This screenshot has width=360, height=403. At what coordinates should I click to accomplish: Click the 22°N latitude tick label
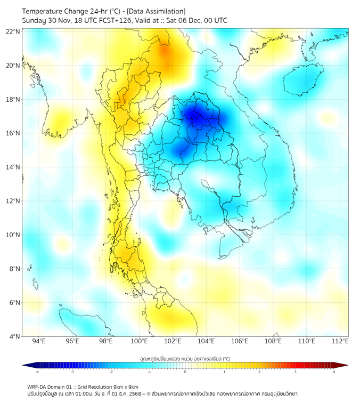point(13,31)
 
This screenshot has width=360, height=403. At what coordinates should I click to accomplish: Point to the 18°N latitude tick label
point(13,100)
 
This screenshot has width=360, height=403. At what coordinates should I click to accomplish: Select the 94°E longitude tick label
point(39,341)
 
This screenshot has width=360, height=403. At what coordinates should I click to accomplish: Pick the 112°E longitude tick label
point(340,341)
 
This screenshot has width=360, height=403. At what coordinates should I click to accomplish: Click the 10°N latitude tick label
point(13,235)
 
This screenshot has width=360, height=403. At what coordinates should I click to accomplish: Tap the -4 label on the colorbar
point(36,372)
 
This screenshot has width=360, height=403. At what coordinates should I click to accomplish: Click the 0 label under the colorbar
point(185,372)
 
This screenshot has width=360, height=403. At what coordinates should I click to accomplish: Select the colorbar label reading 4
point(334,372)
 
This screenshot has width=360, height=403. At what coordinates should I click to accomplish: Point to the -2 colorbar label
point(111,372)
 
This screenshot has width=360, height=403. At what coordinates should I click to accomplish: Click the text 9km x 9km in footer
point(124,386)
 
